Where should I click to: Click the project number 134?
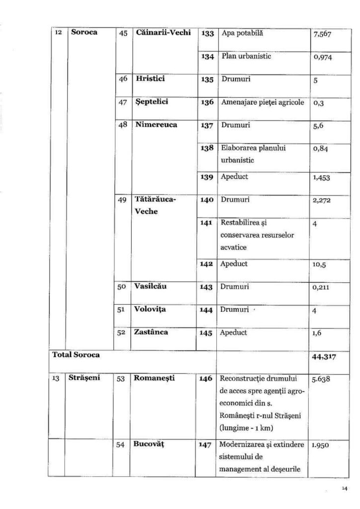(x=207, y=57)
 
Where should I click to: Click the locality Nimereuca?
(x=156, y=125)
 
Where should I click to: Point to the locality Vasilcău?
(x=151, y=287)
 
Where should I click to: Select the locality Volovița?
(x=151, y=309)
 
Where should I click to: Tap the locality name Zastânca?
(x=151, y=332)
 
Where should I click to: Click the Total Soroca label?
(x=77, y=355)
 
